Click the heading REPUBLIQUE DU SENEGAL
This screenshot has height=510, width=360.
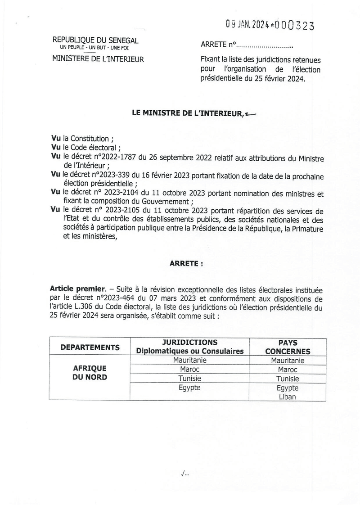pyautogui.click(x=95, y=41)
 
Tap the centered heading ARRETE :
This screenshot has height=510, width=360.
pyautogui.click(x=186, y=264)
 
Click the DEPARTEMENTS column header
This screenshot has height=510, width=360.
pyautogui.click(x=90, y=347)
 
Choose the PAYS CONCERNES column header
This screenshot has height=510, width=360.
pyautogui.click(x=287, y=347)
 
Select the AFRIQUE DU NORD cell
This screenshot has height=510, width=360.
pyautogui.click(x=90, y=373)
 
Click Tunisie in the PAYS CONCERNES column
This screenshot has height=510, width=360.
pyautogui.click(x=288, y=379)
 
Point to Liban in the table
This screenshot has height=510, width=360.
pyautogui.click(x=288, y=397)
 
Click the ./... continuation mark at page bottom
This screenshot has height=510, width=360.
pyautogui.click(x=184, y=474)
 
